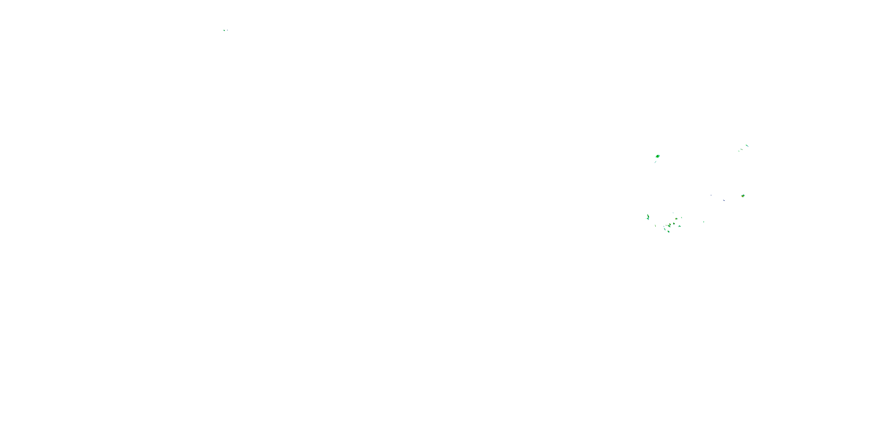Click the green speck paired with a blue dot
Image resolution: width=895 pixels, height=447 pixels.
point(224,30)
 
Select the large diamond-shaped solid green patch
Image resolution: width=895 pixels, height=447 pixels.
point(658,156)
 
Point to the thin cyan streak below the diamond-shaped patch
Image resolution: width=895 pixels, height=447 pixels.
point(656,162)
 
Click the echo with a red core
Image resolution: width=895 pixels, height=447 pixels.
point(743,196)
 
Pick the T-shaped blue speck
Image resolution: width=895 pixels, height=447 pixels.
point(711,195)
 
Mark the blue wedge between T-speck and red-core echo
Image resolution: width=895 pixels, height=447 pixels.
point(724,201)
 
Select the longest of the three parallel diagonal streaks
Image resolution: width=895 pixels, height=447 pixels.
point(747,146)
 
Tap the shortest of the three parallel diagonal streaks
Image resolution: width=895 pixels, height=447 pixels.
point(739,151)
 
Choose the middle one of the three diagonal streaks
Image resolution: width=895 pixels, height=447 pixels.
point(742,150)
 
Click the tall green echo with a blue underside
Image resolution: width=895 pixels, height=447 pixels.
point(648,217)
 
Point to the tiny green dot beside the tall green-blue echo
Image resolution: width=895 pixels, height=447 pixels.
point(646,219)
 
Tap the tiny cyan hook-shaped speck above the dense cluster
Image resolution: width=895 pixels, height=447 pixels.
point(673,213)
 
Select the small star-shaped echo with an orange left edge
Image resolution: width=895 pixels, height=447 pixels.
point(676,219)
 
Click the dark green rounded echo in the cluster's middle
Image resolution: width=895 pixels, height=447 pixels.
point(674,223)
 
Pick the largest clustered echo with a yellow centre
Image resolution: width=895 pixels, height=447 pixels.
point(670,226)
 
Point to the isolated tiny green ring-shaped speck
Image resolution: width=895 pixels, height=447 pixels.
point(704,222)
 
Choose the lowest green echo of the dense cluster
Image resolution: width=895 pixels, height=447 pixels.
point(669,232)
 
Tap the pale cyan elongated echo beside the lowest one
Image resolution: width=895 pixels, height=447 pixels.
point(665,229)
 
